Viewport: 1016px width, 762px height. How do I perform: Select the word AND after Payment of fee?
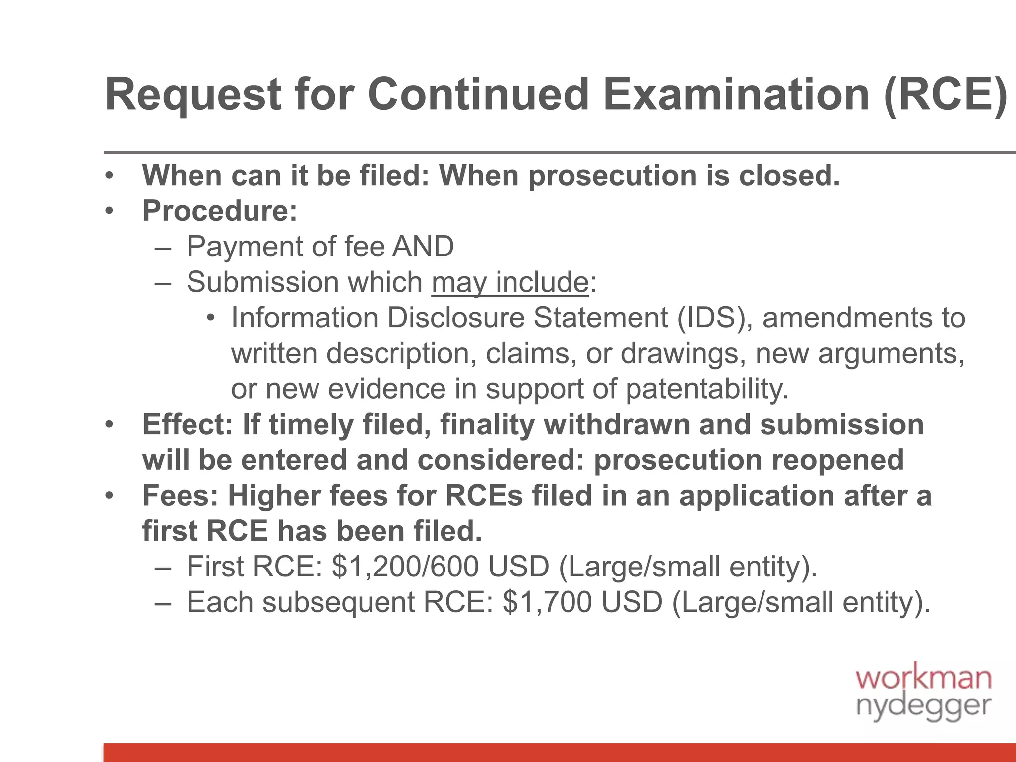pyautogui.click(x=423, y=247)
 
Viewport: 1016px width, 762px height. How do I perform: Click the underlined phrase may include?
pyautogui.click(x=510, y=282)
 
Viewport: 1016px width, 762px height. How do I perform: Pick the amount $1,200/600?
pyautogui.click(x=405, y=567)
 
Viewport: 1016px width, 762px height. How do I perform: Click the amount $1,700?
pyautogui.click(x=547, y=602)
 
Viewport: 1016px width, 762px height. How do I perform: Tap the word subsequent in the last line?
pyautogui.click(x=338, y=602)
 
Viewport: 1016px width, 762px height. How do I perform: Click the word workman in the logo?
pyautogui.click(x=923, y=679)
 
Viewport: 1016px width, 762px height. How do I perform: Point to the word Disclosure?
pyautogui.click(x=456, y=317)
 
